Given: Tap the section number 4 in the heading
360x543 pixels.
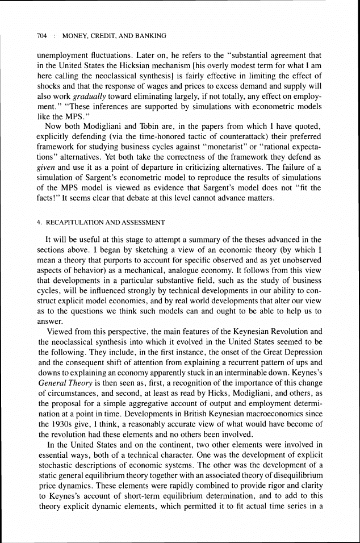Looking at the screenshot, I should (x=38, y=223).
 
